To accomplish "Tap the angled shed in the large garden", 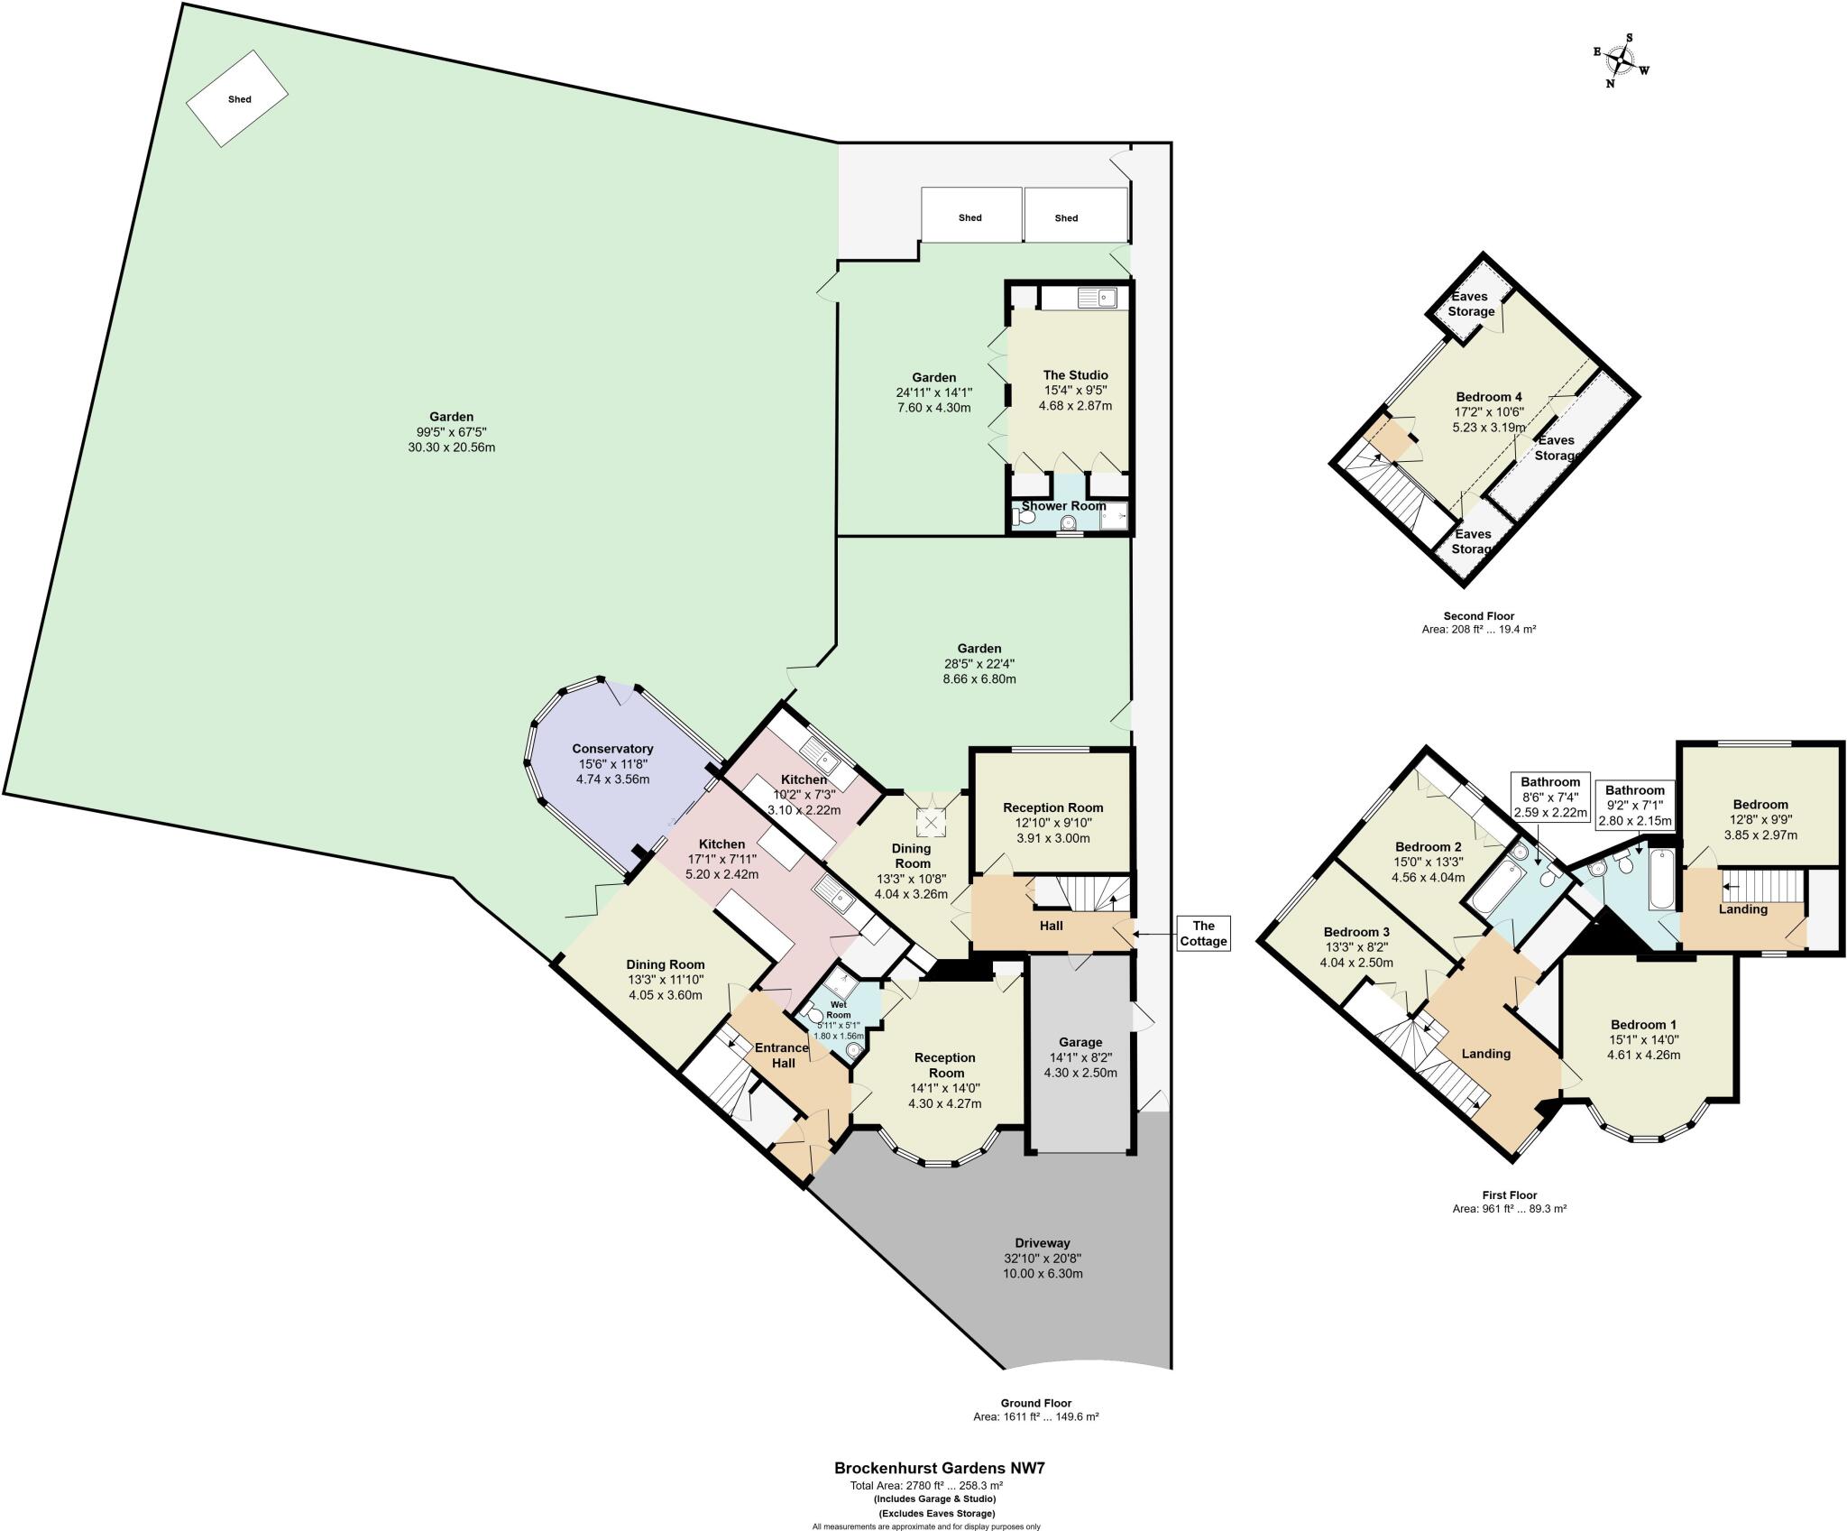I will [237, 98].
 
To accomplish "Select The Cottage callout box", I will [1203, 933].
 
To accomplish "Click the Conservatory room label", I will [612, 749].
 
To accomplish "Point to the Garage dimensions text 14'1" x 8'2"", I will [1080, 1057].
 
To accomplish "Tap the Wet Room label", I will [839, 1005].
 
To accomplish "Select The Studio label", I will [1075, 375].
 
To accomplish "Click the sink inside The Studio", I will [1096, 297].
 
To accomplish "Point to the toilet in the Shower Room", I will [1023, 518].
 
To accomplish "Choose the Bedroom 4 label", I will [1489, 397].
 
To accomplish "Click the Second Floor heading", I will [1478, 616].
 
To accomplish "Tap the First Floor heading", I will [1509, 1195].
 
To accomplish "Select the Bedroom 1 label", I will [1643, 1025].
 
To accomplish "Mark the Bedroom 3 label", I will [1356, 932].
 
